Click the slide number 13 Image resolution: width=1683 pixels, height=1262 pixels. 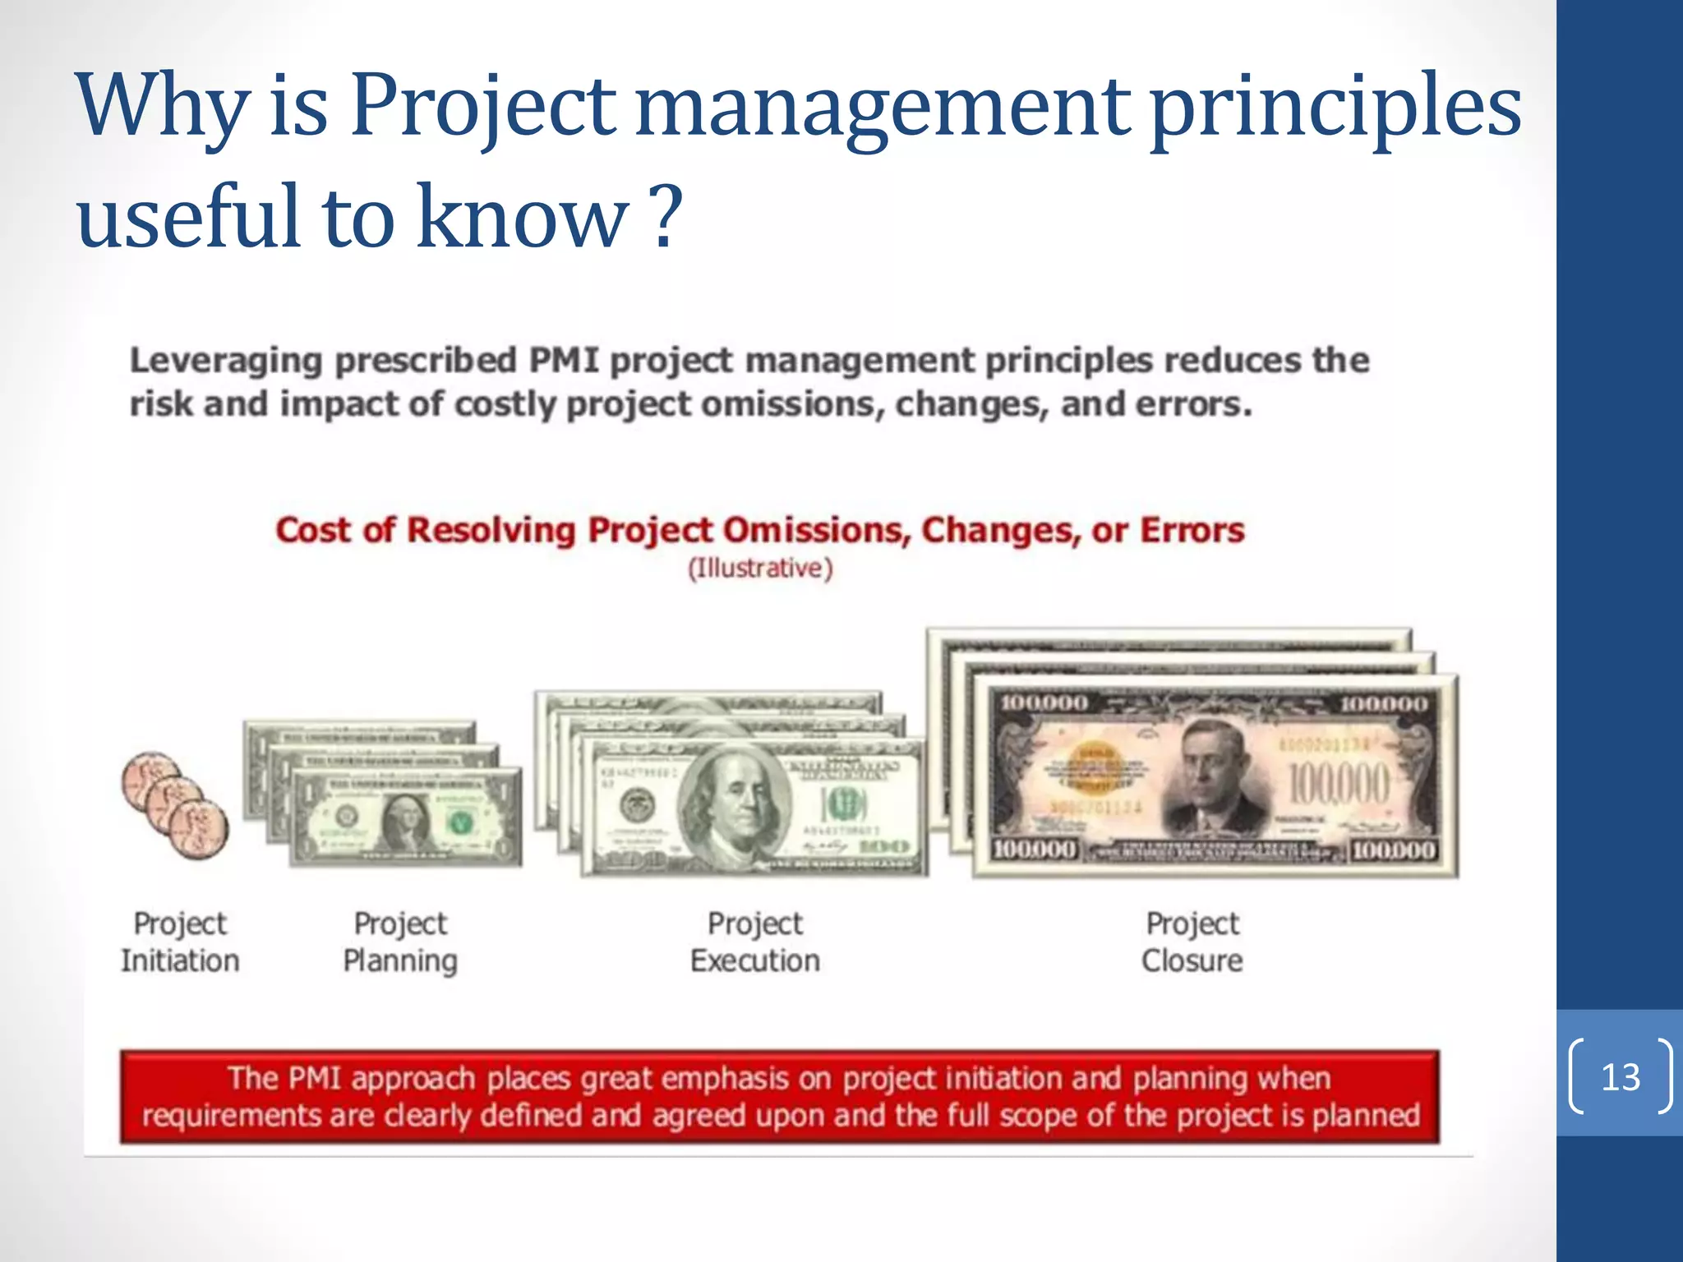point(1620,1077)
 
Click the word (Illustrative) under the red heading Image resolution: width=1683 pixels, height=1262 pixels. point(760,569)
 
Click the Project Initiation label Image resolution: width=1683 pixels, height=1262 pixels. point(180,942)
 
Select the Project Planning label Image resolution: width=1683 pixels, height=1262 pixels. point(400,942)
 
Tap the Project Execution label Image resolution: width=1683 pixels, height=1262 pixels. point(754,942)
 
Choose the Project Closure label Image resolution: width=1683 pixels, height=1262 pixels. point(1192,942)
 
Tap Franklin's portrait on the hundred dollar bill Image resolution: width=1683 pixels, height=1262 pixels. point(731,801)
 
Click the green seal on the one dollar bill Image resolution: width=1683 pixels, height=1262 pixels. point(461,820)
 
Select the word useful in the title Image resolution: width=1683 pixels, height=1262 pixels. point(188,214)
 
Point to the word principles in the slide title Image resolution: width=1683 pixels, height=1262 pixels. point(1335,107)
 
